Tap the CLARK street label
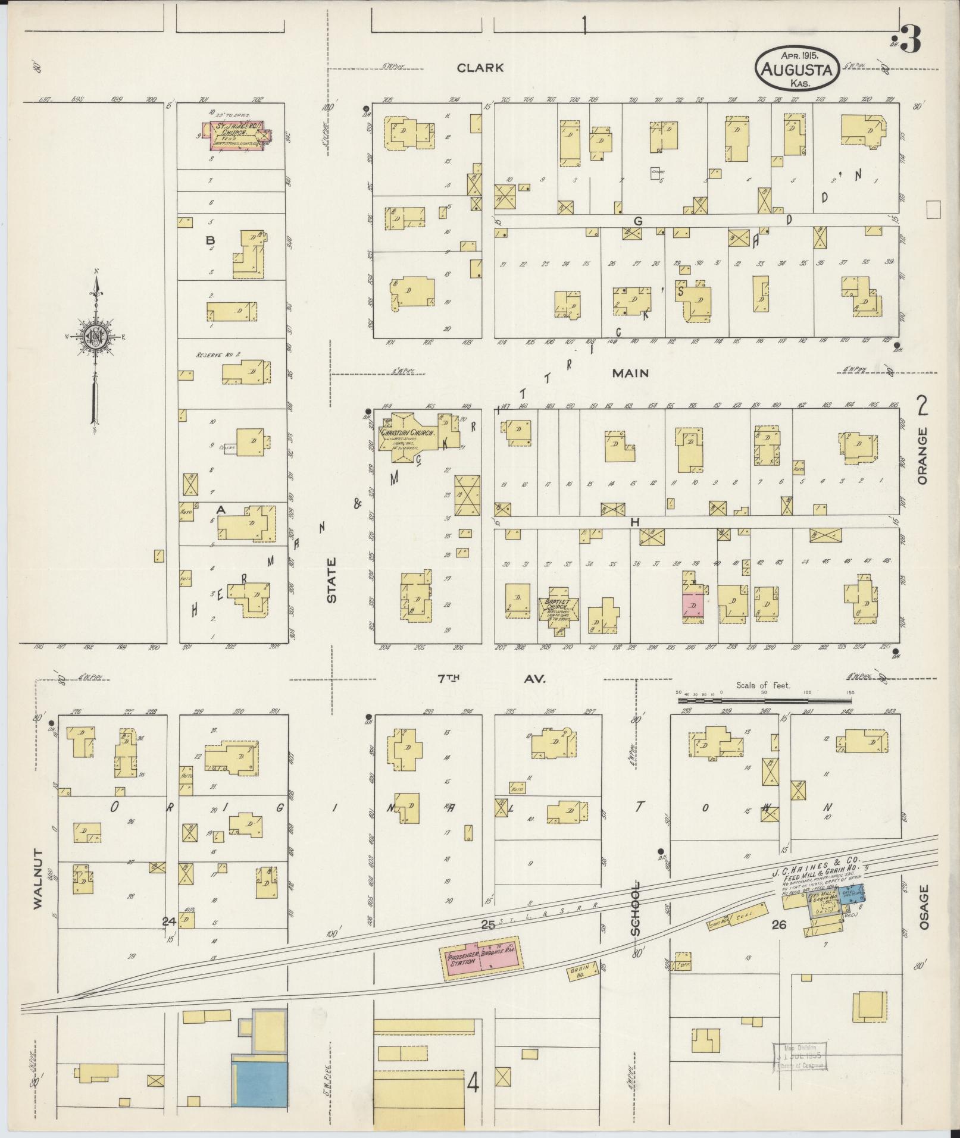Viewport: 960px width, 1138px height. [x=480, y=68]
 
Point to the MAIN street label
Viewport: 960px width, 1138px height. [x=629, y=374]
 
